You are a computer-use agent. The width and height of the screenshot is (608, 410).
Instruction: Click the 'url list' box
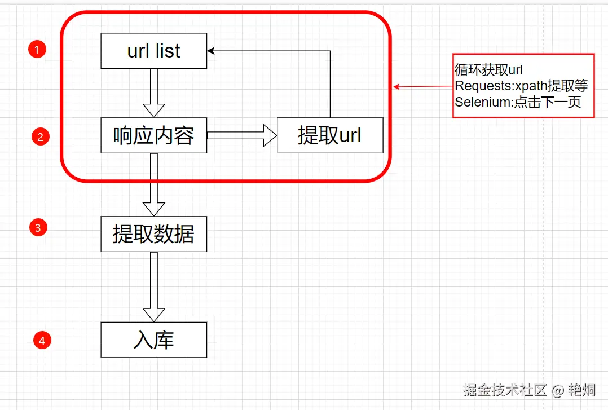(153, 51)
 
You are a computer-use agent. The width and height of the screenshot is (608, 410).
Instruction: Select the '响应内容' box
(153, 135)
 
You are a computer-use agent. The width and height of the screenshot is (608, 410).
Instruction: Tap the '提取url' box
(330, 135)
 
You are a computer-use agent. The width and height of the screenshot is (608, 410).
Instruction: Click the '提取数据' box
(153, 234)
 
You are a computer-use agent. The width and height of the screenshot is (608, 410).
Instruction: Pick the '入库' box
(153, 340)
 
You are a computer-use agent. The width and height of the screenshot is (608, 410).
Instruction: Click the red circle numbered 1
(37, 50)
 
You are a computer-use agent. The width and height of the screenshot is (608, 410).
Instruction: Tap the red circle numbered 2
(41, 136)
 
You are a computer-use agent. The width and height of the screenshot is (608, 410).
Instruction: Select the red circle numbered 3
(38, 228)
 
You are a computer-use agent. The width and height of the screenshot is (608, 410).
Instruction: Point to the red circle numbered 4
(42, 340)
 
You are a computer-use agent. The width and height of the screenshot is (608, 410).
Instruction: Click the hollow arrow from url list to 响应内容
(153, 93)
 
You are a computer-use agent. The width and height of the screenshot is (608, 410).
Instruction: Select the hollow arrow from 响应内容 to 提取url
(242, 135)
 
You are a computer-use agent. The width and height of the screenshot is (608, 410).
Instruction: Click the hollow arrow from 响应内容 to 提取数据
(153, 184)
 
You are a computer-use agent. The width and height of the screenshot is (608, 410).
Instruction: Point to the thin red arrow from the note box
(423, 86)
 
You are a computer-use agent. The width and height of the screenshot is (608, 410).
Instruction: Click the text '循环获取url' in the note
(488, 70)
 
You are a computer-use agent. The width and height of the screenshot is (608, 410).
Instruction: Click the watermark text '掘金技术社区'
(505, 390)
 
